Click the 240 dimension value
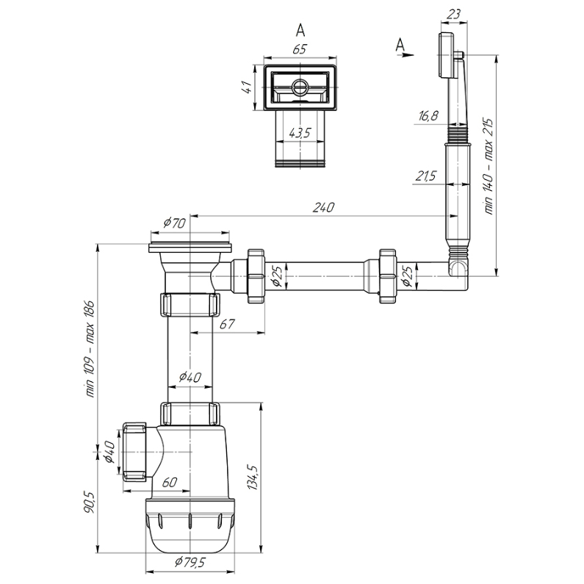click(x=323, y=207)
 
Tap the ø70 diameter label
click(x=175, y=223)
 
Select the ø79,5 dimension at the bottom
click(x=190, y=562)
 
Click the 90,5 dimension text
click(x=90, y=502)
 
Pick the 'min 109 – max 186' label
click(x=90, y=349)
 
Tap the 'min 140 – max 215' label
click(x=489, y=166)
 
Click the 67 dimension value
click(x=227, y=324)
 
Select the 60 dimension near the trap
click(x=170, y=483)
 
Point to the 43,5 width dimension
click(x=300, y=132)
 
